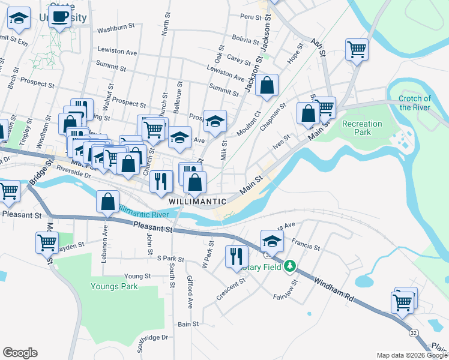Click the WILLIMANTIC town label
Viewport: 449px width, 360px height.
point(197,202)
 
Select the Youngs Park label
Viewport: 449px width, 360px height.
point(114,286)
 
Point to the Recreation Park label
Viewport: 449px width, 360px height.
point(362,128)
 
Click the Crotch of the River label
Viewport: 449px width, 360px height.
point(415,103)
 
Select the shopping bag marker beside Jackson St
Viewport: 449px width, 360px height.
point(267,85)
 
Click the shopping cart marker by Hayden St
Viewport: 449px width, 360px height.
point(47,243)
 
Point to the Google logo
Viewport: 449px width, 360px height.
point(20,353)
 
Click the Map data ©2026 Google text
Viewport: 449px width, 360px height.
point(412,355)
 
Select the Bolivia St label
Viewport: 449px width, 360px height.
point(245,42)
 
